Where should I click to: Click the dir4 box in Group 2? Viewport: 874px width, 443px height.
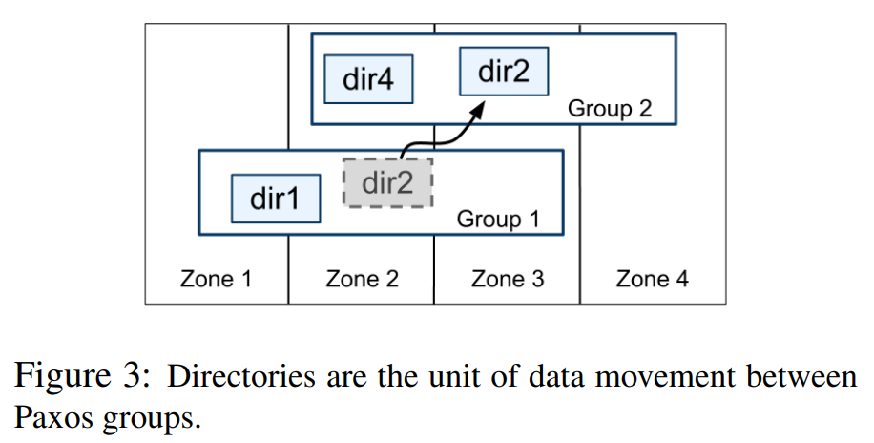(368, 79)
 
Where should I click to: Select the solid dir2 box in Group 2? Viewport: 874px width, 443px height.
(504, 72)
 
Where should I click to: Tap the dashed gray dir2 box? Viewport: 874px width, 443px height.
(387, 182)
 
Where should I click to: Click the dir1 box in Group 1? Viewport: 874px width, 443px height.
(276, 199)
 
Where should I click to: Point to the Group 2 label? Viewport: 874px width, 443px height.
(610, 108)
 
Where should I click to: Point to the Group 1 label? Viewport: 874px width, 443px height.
(498, 219)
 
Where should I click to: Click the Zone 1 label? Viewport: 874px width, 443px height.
(217, 279)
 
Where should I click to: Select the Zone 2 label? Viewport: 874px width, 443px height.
(362, 279)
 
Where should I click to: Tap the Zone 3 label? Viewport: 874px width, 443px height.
(508, 279)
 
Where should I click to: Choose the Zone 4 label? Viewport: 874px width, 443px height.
(653, 279)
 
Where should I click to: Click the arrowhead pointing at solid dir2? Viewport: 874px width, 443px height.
(478, 103)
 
